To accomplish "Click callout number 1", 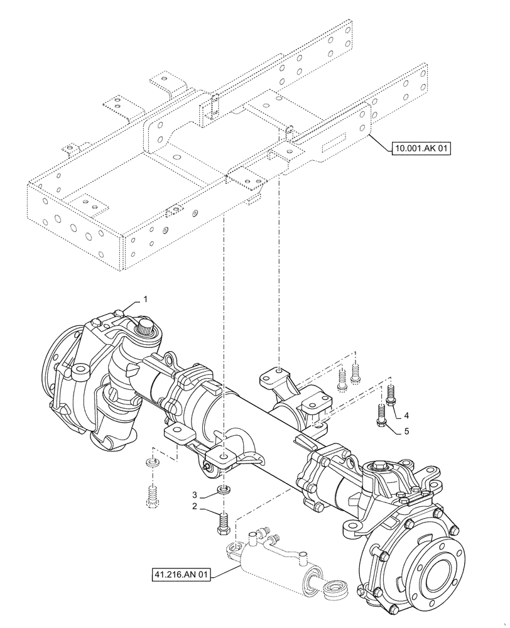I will pos(145,300).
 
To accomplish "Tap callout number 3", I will pos(195,494).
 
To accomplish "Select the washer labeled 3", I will pos(222,490).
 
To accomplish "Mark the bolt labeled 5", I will pos(381,415).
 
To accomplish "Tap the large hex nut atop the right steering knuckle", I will pos(381,467).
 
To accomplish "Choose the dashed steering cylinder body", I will pos(270,562).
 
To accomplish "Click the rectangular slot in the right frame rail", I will pos(333,146).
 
